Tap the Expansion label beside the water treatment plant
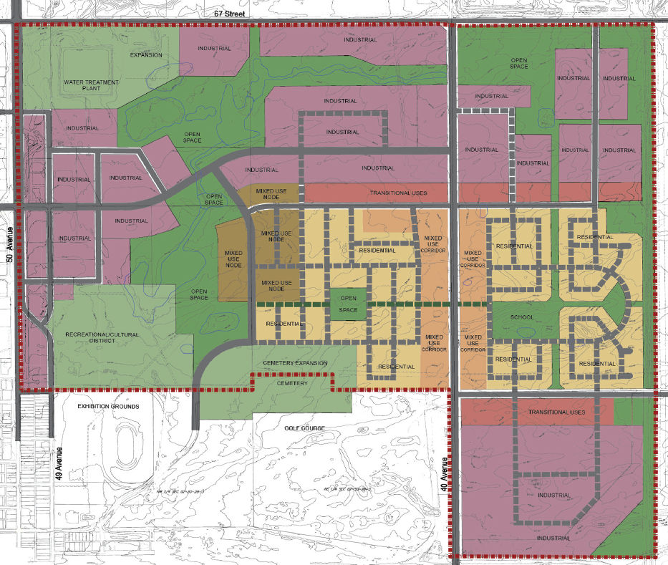[x=146, y=55]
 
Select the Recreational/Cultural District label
[x=106, y=337]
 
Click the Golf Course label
[x=304, y=428]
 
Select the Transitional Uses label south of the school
[x=556, y=412]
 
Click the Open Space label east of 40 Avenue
[x=519, y=62]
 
